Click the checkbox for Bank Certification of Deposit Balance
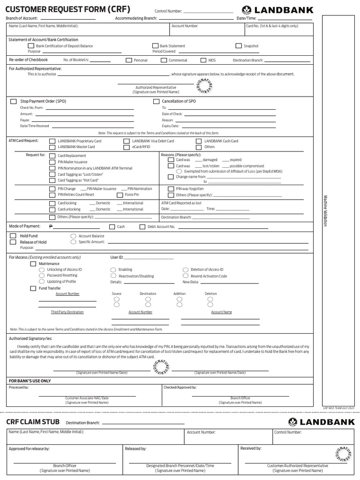point(31,46)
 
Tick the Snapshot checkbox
point(239,46)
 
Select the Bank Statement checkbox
point(156,46)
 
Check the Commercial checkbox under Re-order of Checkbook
point(164,60)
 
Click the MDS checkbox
point(203,60)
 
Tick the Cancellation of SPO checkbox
point(157,101)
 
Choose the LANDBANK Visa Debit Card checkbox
point(127,141)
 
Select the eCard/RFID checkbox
point(127,147)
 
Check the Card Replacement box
point(53,156)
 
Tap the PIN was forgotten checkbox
point(171,188)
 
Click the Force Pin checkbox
point(120,195)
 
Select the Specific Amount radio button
point(73,242)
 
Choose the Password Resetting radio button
point(42,276)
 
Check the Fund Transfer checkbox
point(33,288)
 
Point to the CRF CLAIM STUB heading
point(33,422)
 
